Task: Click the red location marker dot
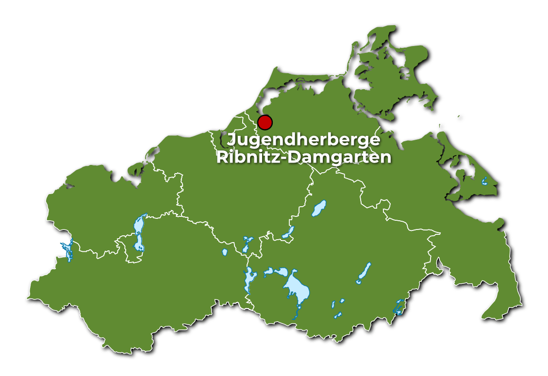(265, 122)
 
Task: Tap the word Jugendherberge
(304, 140)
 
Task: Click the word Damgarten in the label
(338, 157)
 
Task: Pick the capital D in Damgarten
(291, 157)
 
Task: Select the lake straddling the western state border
(67, 251)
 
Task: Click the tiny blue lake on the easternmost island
(484, 181)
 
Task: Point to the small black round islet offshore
(460, 117)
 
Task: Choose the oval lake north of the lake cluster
(319, 208)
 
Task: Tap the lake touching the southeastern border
(399, 307)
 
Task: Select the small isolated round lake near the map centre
(225, 252)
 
